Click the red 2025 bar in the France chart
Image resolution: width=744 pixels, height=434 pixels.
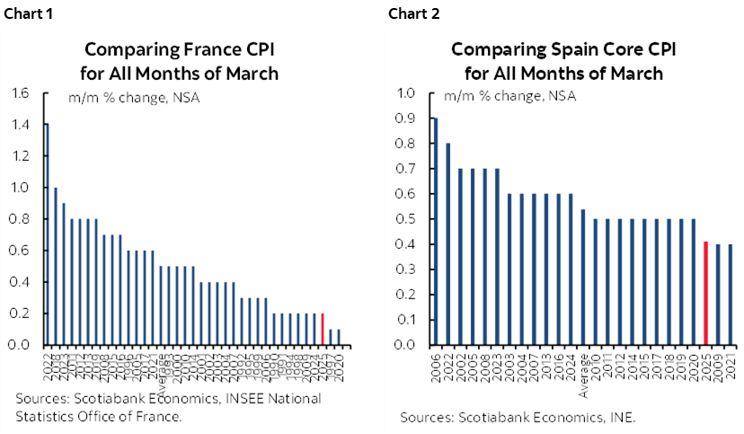pos(323,329)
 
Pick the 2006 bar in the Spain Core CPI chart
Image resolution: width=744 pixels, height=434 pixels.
pos(436,231)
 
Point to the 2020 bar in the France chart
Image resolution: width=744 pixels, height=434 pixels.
pos(338,337)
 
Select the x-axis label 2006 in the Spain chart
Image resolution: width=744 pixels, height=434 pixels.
pos(436,364)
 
